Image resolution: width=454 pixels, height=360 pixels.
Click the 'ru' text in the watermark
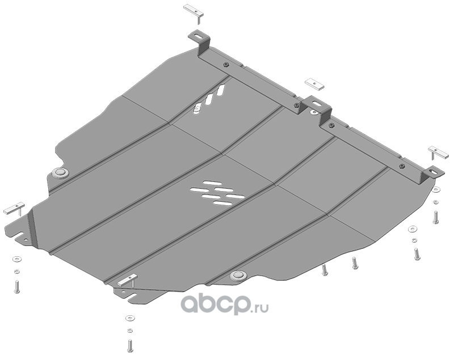(261, 308)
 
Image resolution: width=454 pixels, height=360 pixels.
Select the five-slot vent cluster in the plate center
(217, 193)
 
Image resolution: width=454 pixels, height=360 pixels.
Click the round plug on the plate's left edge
(60, 173)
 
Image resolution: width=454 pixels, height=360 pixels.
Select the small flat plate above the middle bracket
(314, 84)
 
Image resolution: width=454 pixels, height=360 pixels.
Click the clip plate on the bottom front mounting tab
(127, 280)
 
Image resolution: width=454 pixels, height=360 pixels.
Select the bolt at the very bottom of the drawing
(130, 345)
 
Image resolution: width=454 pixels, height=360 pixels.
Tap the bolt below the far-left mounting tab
(16, 286)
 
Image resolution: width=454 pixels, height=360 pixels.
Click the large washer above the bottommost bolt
(130, 318)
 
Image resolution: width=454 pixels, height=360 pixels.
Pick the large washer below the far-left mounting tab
(16, 259)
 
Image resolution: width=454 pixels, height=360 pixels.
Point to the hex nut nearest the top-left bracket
(226, 65)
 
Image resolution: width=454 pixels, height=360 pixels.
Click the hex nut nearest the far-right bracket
(402, 166)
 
